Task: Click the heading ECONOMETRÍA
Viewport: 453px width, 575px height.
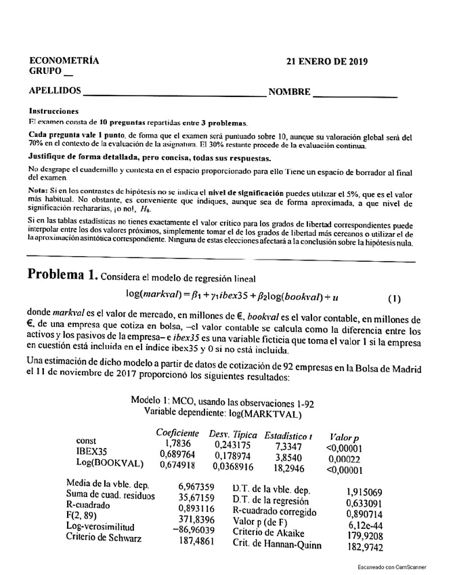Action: (64, 60)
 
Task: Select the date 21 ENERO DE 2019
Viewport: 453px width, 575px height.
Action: (327, 61)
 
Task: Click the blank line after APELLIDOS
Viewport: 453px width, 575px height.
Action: (174, 93)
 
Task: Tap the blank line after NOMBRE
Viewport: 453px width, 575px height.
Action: (355, 93)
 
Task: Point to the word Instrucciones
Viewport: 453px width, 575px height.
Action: (54, 111)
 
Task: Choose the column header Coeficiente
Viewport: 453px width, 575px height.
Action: (177, 433)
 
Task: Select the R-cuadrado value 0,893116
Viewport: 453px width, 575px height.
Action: (197, 508)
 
